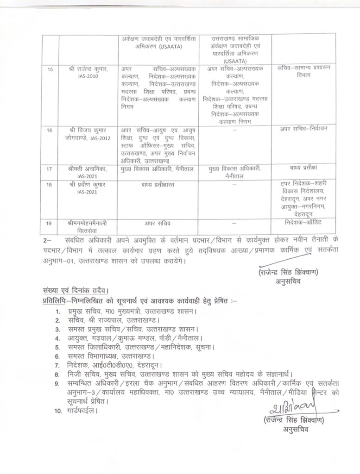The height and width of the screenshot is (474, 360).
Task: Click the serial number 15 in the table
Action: pyautogui.click(x=50, y=69)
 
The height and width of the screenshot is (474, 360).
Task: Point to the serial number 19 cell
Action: pyautogui.click(x=50, y=223)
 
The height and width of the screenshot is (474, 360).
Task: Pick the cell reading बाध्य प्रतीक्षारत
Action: pyautogui.click(x=158, y=186)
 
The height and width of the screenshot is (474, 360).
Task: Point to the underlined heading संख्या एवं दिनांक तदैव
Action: pyautogui.click(x=73, y=290)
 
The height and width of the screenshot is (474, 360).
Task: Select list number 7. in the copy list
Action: pyautogui.click(x=57, y=366)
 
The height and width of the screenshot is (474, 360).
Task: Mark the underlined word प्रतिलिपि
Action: pyautogui.click(x=53, y=300)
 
